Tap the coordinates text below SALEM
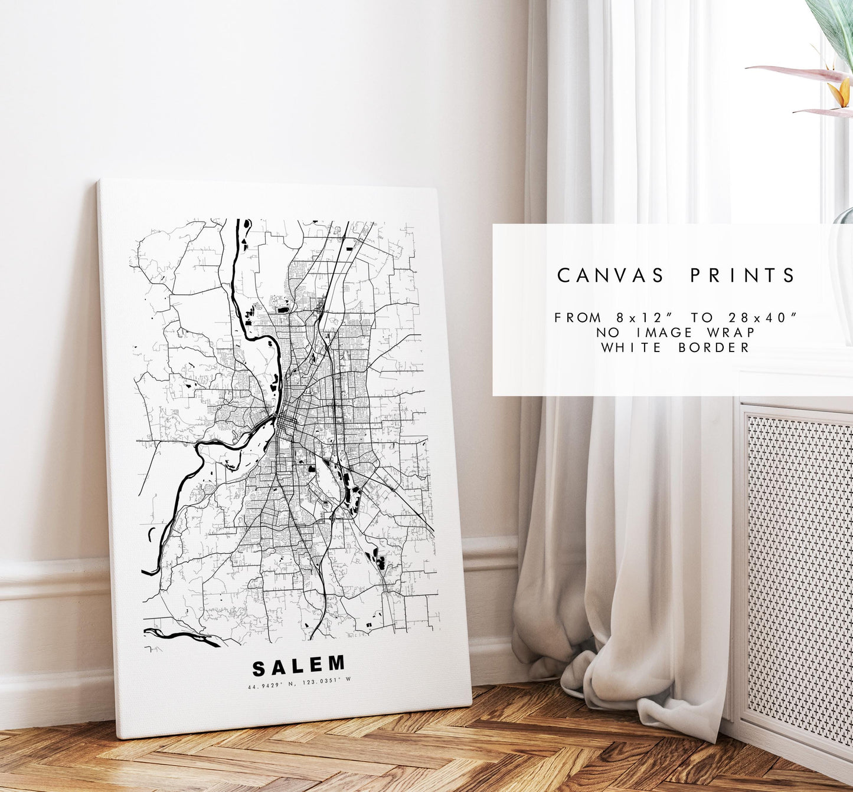tap(299, 685)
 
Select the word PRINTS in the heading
tap(744, 275)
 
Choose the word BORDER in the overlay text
tap(714, 347)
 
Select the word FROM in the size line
tap(579, 317)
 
